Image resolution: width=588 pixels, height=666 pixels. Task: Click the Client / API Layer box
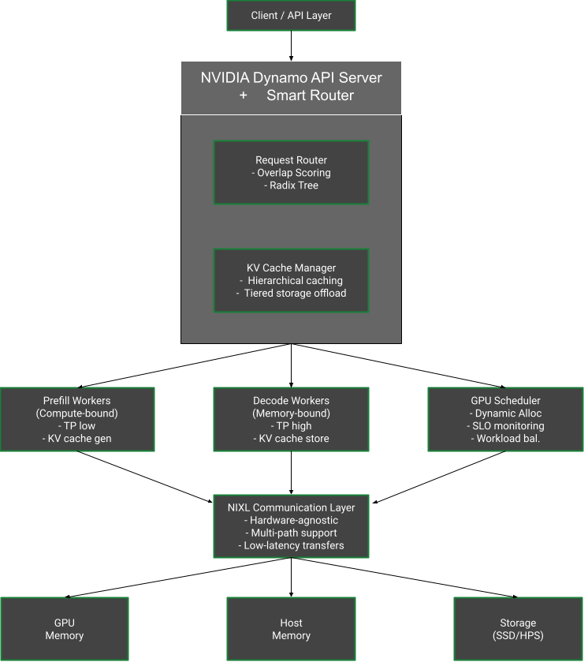291,16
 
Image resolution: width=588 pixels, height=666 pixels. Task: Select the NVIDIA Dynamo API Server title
291,78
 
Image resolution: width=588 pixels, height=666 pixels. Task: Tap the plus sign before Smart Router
243,95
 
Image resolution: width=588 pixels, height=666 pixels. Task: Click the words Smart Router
310,95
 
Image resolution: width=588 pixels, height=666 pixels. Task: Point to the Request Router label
291,160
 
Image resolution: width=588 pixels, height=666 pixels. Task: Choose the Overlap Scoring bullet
291,173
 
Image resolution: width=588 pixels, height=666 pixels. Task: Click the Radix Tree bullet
291,185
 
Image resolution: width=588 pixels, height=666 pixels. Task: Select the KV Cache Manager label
291,268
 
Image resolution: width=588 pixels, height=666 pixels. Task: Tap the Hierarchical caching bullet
291,280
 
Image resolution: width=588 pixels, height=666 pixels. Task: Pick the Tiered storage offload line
291,293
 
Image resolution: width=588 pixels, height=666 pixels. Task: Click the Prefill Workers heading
76,401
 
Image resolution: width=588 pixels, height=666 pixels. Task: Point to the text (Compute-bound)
76,413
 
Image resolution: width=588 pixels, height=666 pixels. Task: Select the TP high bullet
291,426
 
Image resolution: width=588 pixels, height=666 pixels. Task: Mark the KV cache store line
291,439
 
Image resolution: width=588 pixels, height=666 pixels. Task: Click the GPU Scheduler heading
505,401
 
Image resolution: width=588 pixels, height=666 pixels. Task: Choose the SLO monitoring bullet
505,426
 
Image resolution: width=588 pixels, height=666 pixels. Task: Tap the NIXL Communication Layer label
291,508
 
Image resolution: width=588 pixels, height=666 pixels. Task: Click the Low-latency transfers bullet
291,545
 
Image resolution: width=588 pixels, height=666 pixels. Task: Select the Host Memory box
291,629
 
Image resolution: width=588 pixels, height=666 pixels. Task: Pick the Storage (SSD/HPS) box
518,629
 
